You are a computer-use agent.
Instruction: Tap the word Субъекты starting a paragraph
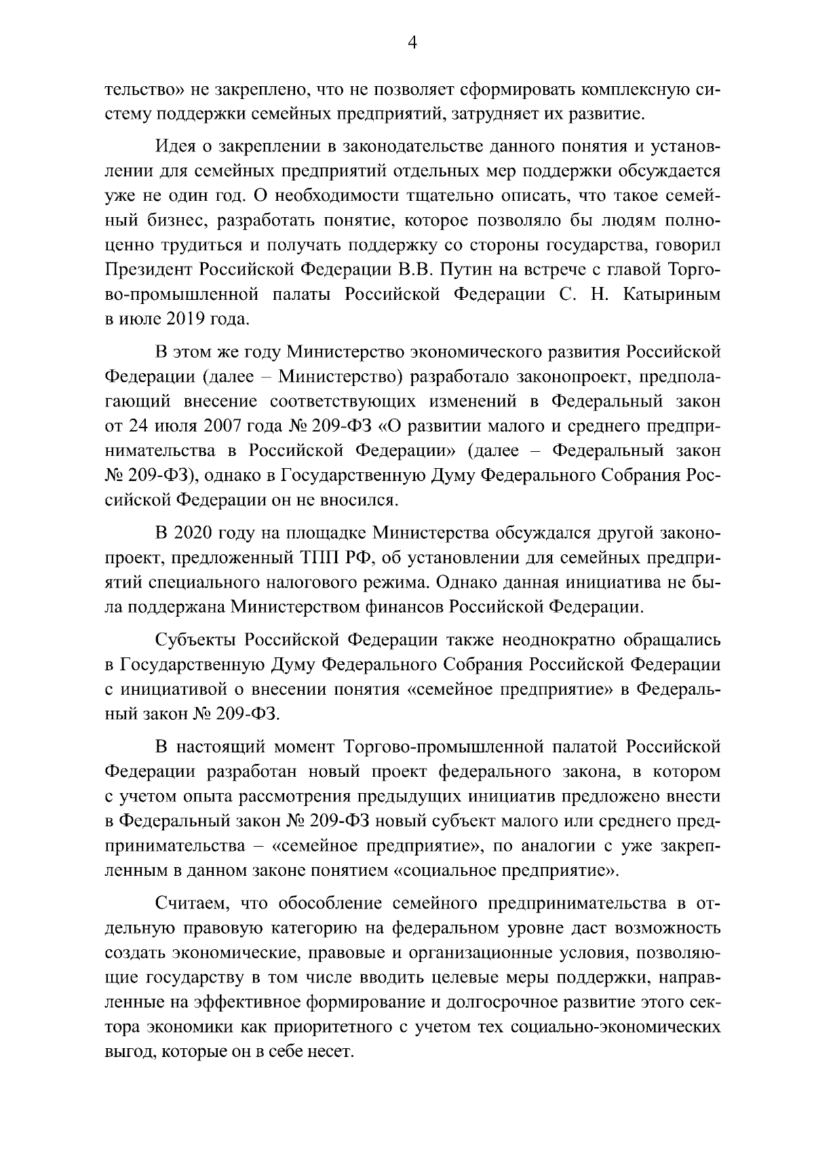[x=195, y=640]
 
